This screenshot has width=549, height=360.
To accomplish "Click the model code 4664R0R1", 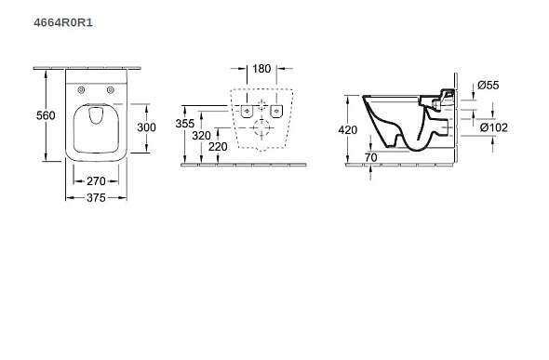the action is point(63,22).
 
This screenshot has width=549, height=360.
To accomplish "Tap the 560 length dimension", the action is point(46,115).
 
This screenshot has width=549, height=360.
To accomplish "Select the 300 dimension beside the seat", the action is point(146,127).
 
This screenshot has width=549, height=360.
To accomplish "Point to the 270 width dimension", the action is point(96,181).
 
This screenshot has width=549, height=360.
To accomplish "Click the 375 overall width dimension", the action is point(96,198).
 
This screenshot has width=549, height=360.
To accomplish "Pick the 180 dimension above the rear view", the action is point(261,69).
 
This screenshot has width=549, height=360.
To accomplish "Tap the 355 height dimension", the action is point(185,124).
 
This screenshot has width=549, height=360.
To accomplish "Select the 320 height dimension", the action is point(201,136).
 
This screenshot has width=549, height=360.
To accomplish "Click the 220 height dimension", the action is point(218,147).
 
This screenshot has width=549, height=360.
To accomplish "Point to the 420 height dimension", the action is point(348,130).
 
